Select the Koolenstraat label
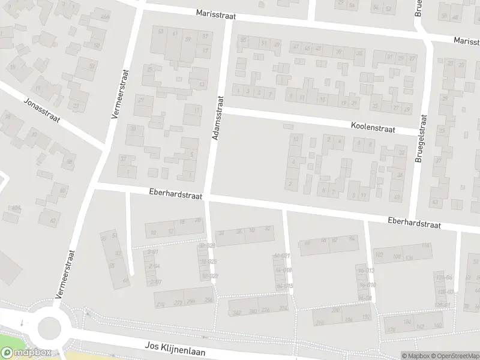[x=374, y=126]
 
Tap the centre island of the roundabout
[x=49, y=328]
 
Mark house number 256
[x=208, y=300]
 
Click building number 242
[x=236, y=312]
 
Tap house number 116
[x=425, y=246]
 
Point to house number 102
[x=379, y=254]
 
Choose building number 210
[x=320, y=323]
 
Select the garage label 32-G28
[x=207, y=246]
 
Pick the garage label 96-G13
[x=365, y=271]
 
